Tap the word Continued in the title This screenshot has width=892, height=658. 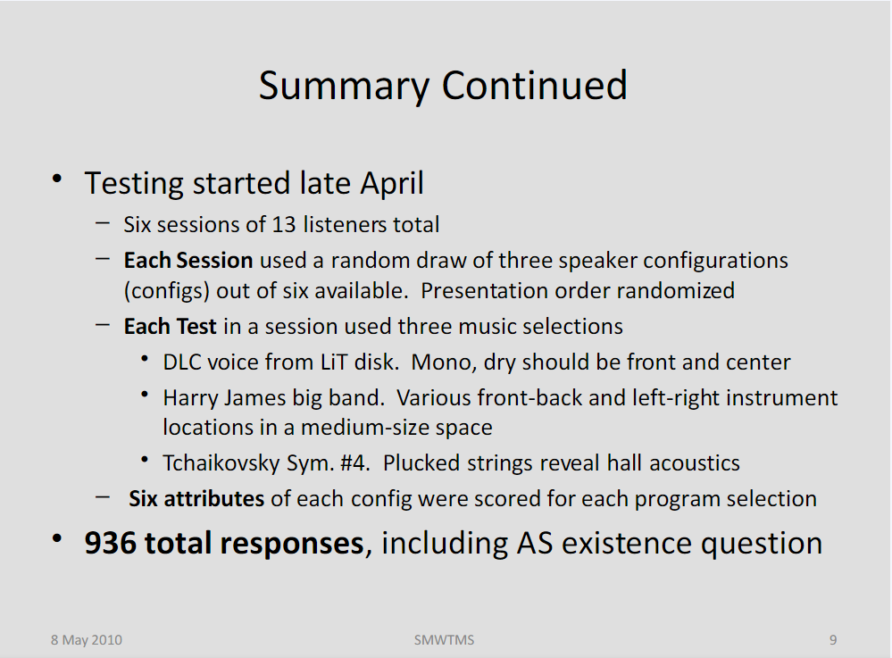(x=534, y=86)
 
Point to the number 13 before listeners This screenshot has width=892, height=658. (x=284, y=225)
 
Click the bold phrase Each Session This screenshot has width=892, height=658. (x=188, y=261)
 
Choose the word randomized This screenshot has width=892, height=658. (x=675, y=291)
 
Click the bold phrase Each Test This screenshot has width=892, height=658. (x=170, y=327)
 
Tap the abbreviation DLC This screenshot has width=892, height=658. (x=182, y=362)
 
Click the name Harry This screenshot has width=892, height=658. (x=190, y=399)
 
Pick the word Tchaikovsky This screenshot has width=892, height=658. (x=221, y=463)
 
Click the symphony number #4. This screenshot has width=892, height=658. (x=355, y=463)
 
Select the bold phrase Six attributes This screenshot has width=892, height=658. (x=196, y=499)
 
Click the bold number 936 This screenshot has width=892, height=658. (x=110, y=543)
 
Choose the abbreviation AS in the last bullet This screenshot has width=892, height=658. (x=534, y=543)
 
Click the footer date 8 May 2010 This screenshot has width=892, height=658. (x=87, y=640)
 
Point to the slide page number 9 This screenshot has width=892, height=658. (x=833, y=640)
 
